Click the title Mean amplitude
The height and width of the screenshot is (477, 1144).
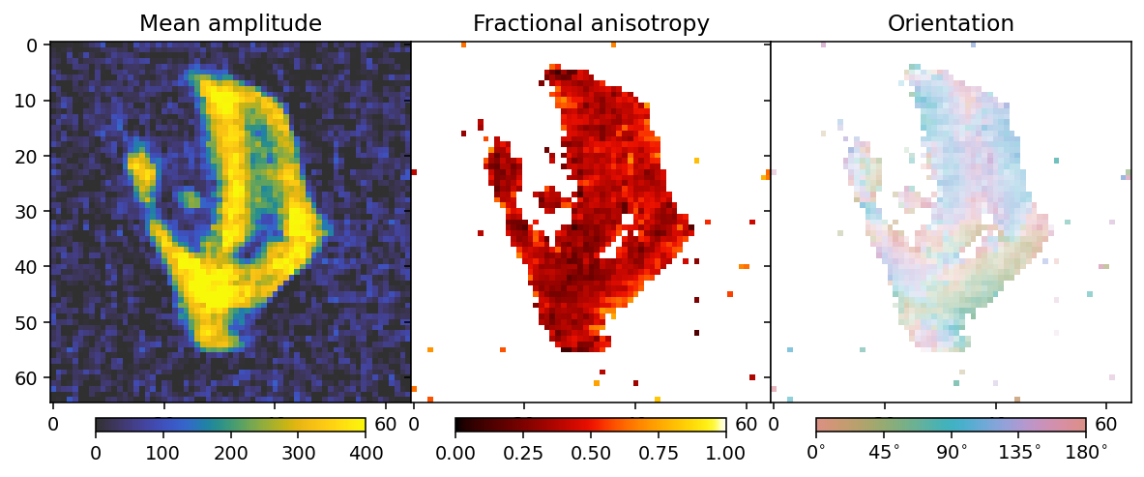coord(230,23)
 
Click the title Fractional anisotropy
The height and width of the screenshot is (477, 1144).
coord(591,23)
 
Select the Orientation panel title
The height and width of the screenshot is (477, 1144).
coord(951,23)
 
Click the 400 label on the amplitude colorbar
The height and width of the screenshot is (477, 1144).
coord(365,453)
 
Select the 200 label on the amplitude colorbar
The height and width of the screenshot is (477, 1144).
coord(230,453)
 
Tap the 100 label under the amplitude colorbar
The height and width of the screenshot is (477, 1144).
coord(162,453)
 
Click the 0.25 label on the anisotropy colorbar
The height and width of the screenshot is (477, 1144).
coord(523,453)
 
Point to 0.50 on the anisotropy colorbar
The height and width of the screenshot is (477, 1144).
coord(591,453)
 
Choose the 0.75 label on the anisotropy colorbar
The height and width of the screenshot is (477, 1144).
coord(659,453)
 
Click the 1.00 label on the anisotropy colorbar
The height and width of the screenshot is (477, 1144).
coord(725,453)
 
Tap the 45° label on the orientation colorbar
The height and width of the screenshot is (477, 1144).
coord(884,453)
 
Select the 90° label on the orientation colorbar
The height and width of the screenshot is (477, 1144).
coord(952,453)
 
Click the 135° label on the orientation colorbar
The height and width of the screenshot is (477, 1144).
coord(1018,453)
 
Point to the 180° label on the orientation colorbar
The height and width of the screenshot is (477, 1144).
coord(1086,453)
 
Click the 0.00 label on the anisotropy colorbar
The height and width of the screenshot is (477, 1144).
coord(455,453)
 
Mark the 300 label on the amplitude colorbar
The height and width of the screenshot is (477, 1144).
coord(298,453)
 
